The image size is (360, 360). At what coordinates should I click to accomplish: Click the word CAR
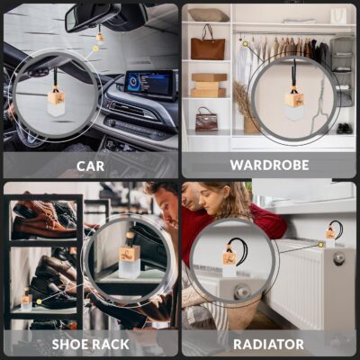click(89, 166)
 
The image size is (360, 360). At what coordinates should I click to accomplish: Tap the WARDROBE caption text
click(269, 166)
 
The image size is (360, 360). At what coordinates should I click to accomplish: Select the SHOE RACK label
click(90, 344)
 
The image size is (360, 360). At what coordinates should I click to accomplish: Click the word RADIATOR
click(269, 344)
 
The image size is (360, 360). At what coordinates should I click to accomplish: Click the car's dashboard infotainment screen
click(147, 84)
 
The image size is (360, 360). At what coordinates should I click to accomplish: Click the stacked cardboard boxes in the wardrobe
click(209, 85)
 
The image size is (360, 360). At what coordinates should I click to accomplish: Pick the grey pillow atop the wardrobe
click(210, 15)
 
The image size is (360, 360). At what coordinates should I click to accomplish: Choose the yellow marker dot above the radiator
click(319, 242)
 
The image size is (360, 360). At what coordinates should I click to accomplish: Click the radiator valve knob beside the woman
click(338, 258)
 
